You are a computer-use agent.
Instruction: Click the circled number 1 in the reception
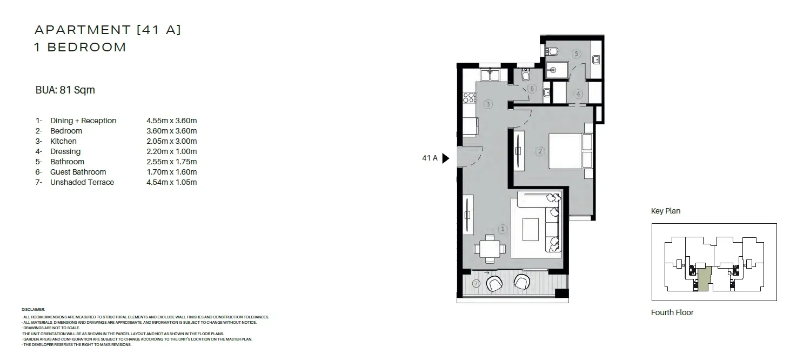click(x=503, y=229)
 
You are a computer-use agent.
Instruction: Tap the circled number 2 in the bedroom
click(x=540, y=151)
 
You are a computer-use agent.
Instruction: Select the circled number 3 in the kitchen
click(x=488, y=104)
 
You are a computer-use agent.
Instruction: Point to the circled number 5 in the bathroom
click(x=576, y=54)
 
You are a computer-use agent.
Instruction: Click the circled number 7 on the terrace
click(x=476, y=283)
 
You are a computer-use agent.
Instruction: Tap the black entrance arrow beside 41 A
click(x=446, y=158)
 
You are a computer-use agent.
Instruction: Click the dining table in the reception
click(x=490, y=249)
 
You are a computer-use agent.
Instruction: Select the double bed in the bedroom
click(x=571, y=151)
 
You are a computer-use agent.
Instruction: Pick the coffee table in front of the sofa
click(x=531, y=229)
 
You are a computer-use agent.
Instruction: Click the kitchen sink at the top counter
click(x=490, y=75)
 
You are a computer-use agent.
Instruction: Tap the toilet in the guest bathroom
click(x=525, y=75)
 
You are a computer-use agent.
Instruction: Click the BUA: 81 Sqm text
click(x=65, y=90)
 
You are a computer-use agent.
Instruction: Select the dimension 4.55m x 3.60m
click(x=172, y=121)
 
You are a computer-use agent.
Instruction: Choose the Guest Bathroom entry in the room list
click(x=78, y=172)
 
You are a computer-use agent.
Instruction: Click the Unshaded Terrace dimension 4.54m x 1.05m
click(x=172, y=182)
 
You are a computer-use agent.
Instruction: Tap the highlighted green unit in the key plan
click(x=703, y=279)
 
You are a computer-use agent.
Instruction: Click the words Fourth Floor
click(x=672, y=312)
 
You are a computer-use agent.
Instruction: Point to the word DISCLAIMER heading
click(x=33, y=310)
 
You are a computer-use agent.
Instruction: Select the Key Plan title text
click(x=666, y=211)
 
